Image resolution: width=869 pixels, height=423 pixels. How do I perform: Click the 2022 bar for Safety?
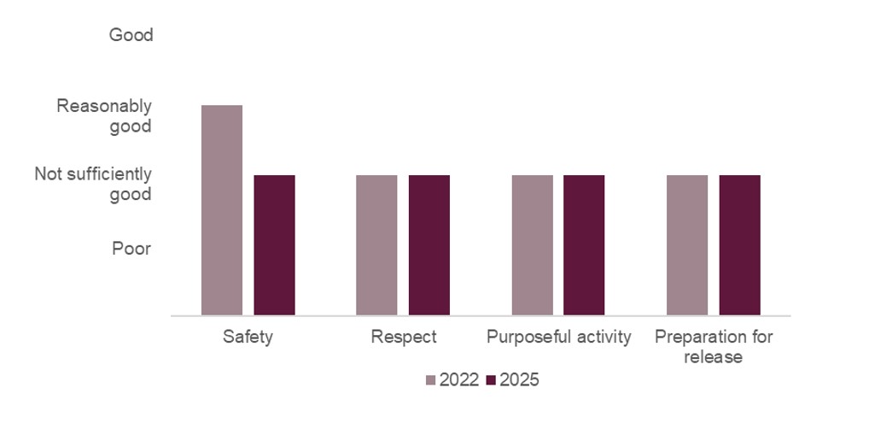(222, 210)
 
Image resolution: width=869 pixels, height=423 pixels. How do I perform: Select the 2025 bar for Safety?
(274, 245)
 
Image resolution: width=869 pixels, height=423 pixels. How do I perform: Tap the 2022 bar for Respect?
(376, 245)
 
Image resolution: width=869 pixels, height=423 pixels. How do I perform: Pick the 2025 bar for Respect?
(429, 245)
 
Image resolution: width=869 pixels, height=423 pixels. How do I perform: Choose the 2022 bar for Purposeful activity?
(533, 245)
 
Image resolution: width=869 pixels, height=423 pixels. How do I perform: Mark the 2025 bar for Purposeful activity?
(585, 245)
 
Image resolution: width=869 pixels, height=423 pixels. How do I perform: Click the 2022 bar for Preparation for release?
(687, 245)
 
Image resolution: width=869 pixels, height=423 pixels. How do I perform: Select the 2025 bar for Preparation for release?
(740, 245)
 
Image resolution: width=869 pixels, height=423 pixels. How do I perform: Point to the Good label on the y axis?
(131, 35)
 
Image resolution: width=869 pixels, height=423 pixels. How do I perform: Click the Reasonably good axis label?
(104, 116)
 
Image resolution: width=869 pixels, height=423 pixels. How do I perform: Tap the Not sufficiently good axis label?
(93, 184)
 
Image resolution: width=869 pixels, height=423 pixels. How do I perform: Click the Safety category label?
(248, 337)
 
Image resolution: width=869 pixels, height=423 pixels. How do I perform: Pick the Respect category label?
(404, 337)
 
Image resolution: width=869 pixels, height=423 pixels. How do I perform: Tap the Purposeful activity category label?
(559, 337)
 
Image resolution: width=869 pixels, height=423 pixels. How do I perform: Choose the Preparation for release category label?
(714, 346)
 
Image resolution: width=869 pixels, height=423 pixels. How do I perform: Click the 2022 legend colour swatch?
(431, 380)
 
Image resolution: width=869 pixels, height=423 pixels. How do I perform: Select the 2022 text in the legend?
(459, 380)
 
